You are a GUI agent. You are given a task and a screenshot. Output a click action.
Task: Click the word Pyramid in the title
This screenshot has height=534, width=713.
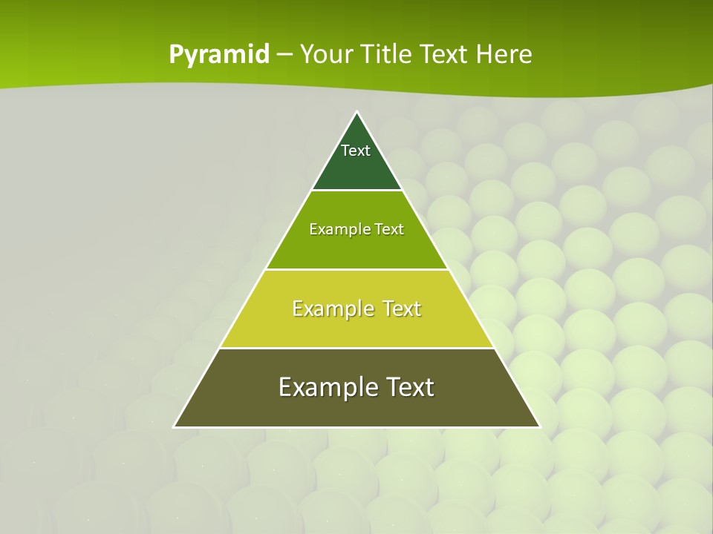click(x=219, y=55)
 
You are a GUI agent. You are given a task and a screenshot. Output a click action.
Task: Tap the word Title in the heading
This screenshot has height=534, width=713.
click(x=389, y=55)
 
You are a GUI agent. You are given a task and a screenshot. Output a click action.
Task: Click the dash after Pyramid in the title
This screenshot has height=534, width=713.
click(x=284, y=55)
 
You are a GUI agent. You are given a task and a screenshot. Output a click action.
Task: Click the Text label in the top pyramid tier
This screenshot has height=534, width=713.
click(x=356, y=151)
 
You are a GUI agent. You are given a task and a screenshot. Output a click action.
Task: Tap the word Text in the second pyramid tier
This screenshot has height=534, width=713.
click(x=389, y=229)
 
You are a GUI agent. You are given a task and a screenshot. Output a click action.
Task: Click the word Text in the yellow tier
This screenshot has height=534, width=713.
click(x=401, y=309)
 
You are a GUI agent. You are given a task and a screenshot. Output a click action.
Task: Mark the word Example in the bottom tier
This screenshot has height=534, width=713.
click(x=325, y=387)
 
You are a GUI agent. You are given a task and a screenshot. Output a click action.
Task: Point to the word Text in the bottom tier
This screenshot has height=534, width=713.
click(x=410, y=387)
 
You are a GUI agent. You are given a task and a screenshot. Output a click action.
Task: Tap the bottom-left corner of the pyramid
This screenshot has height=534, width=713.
click(x=175, y=426)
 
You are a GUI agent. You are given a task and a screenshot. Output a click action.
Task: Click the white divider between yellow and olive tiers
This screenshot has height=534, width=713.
click(x=357, y=348)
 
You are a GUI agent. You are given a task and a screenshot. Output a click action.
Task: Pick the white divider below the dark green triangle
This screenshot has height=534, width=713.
click(x=357, y=190)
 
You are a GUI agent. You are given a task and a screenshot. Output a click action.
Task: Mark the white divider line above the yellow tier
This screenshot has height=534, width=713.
click(x=357, y=269)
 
